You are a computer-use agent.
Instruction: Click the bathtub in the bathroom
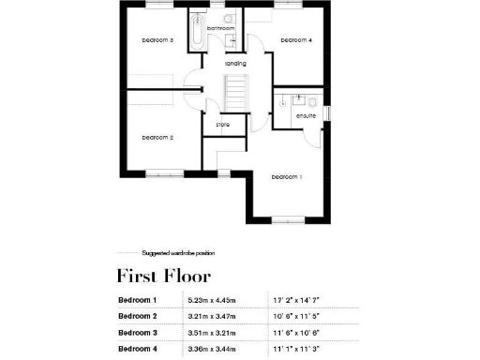[197, 32]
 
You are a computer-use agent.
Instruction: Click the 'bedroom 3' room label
[157, 40]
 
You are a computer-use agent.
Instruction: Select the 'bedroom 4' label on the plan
[296, 40]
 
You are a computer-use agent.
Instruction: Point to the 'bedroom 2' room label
[157, 138]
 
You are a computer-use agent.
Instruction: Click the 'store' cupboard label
[223, 124]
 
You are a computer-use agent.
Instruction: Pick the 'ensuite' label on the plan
[306, 116]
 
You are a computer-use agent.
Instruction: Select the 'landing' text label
[235, 63]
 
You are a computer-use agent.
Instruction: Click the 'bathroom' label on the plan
[220, 29]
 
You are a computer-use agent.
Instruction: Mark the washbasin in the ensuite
[297, 97]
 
